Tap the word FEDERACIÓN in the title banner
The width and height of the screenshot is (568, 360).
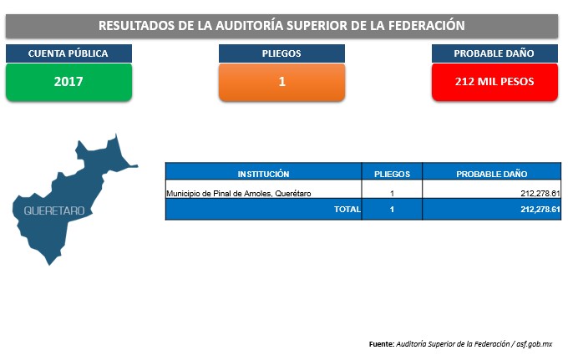click(426, 25)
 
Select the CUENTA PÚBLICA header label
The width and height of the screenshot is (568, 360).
click(68, 53)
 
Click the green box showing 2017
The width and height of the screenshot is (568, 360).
click(68, 82)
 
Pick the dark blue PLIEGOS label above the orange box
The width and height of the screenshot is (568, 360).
click(281, 53)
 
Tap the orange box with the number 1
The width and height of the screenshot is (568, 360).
click(281, 82)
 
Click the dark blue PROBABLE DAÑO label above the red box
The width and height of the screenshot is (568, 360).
click(494, 53)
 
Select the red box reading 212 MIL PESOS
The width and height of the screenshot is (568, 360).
click(494, 82)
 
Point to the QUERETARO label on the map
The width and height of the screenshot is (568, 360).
click(54, 210)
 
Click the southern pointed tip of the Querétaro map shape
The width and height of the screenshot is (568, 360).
click(49, 265)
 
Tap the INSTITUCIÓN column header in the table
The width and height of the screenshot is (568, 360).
click(263, 174)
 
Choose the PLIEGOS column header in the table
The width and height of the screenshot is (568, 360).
click(392, 174)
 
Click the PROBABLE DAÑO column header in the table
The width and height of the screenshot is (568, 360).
click(491, 174)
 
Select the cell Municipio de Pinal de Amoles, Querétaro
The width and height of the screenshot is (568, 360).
click(238, 194)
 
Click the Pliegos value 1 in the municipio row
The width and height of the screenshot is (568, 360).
click(392, 194)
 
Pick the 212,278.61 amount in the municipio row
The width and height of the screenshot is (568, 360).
click(540, 194)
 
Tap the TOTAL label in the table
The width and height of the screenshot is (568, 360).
click(347, 209)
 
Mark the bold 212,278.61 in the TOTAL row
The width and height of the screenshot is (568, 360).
click(540, 209)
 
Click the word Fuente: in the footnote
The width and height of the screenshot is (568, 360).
click(382, 343)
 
